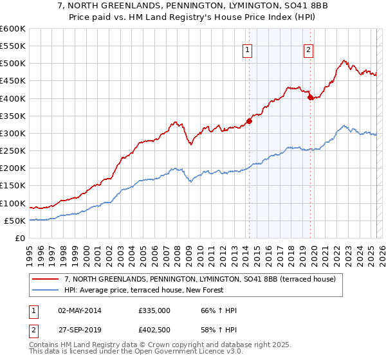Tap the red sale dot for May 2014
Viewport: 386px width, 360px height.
coord(249,121)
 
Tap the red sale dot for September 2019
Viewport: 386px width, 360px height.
coord(310,98)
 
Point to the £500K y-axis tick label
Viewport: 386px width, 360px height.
coord(13,64)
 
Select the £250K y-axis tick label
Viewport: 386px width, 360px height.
coord(13,151)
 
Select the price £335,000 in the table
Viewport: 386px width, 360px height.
coord(154,310)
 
